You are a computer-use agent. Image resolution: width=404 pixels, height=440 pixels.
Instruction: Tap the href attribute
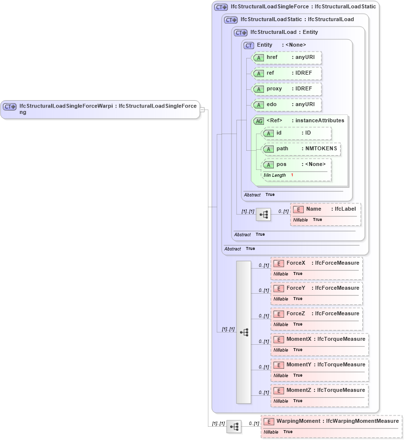(x=287, y=57)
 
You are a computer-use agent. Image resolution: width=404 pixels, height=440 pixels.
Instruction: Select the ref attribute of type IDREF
(x=287, y=73)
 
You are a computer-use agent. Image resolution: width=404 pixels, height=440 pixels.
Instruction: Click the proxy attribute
(x=287, y=89)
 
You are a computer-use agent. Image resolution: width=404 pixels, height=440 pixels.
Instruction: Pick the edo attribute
(x=287, y=105)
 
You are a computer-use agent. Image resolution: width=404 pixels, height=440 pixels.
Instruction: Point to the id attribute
(x=297, y=133)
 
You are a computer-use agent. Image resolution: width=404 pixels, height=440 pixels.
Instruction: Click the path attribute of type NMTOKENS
(x=301, y=149)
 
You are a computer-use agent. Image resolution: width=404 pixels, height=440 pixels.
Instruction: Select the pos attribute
(x=297, y=165)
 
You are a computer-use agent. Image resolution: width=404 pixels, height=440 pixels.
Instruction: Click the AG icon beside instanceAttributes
(x=259, y=121)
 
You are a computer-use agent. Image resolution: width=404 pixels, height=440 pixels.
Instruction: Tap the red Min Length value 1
(x=292, y=175)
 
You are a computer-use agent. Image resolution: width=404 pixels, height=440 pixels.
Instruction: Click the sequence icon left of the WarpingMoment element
(x=234, y=427)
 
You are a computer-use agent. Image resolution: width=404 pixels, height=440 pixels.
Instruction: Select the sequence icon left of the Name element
(x=263, y=215)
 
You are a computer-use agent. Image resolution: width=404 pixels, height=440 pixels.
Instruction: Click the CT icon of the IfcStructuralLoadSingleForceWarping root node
(x=10, y=106)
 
